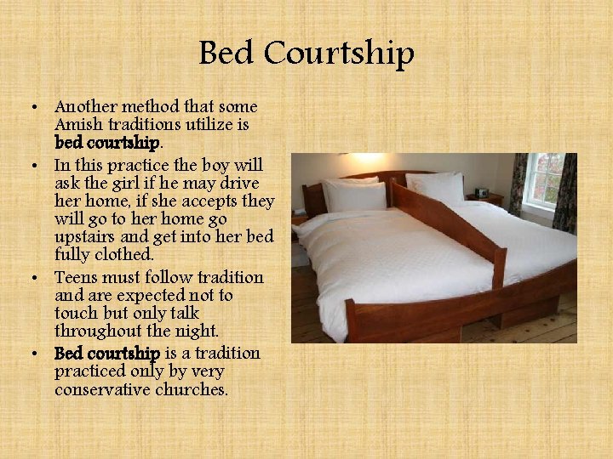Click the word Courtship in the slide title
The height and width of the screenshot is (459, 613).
[x=339, y=54]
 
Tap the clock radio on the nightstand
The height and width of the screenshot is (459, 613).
[x=482, y=192]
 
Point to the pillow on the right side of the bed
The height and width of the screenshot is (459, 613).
[x=436, y=186]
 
